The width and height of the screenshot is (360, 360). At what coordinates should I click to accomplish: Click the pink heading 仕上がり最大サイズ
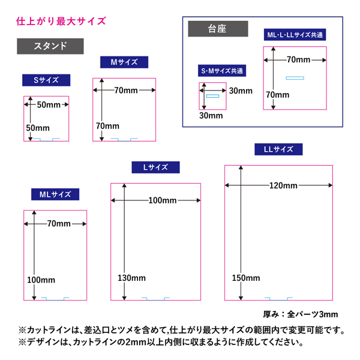[61, 22]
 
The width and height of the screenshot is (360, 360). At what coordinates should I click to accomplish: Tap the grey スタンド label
[50, 46]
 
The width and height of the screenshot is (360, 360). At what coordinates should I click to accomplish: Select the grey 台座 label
[217, 29]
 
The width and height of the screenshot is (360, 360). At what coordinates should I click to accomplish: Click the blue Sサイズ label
[46, 80]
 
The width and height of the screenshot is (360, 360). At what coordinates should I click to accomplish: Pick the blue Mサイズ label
[124, 62]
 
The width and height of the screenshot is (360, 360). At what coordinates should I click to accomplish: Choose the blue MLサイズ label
[55, 194]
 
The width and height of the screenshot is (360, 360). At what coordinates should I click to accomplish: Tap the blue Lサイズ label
[155, 167]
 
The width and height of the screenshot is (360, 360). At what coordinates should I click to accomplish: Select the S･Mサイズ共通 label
[221, 71]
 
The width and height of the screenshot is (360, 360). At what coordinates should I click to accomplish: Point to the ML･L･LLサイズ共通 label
[295, 35]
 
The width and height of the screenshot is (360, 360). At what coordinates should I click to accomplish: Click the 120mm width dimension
[284, 186]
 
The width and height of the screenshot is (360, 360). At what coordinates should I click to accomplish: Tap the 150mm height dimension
[246, 278]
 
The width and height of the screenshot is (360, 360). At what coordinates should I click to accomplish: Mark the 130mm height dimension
[131, 278]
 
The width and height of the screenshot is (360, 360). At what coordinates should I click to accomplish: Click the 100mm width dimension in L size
[162, 200]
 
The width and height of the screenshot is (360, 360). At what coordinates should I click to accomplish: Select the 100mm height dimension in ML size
[41, 280]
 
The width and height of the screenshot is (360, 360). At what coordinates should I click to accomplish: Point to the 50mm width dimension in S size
[49, 105]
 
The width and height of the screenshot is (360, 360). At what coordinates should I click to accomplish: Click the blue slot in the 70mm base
[295, 78]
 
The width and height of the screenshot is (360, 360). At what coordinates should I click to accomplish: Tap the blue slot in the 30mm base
[213, 96]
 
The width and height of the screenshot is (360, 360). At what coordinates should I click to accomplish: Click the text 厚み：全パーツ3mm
[301, 314]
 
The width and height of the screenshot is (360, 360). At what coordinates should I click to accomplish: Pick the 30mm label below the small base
[211, 115]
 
